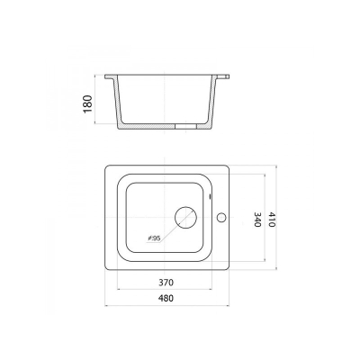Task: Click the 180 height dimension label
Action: [x=87, y=103]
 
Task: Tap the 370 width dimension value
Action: [x=166, y=283]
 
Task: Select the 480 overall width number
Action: [x=166, y=299]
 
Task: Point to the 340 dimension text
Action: [x=257, y=220]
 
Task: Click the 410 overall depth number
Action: [x=271, y=220]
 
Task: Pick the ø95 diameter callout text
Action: [x=155, y=238]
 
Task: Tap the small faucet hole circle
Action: [x=221, y=218]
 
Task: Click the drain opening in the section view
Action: [x=185, y=127]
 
